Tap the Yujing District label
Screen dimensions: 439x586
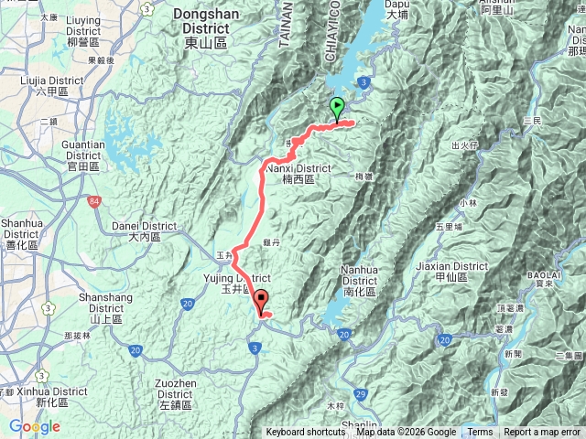[x=234, y=283]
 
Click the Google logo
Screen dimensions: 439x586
[x=35, y=427]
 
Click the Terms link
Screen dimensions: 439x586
[x=480, y=433]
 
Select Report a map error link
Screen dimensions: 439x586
[x=542, y=433]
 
